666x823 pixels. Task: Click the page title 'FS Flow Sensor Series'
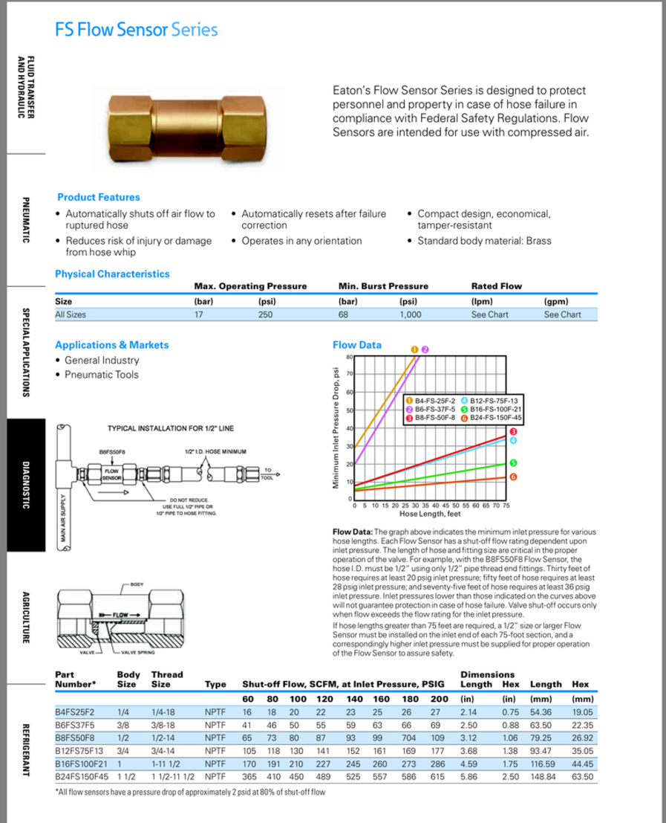(136, 30)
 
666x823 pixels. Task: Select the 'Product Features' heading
(98, 197)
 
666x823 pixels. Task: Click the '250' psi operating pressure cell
(267, 314)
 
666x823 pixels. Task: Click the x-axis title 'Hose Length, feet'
(430, 513)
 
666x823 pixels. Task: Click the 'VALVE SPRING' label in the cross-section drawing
(138, 653)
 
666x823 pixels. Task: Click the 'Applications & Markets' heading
(112, 345)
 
